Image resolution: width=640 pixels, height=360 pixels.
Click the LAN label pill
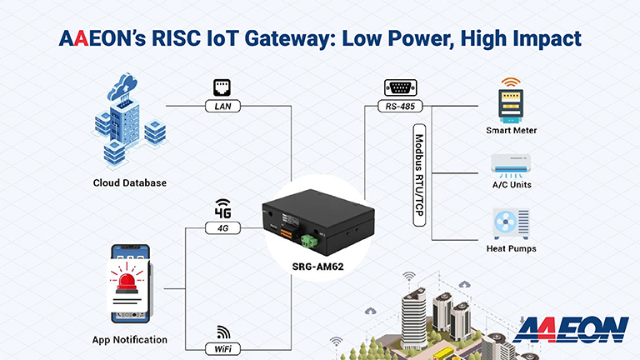pyautogui.click(x=222, y=106)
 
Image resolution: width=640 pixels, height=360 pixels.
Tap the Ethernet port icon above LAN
pyautogui.click(x=222, y=87)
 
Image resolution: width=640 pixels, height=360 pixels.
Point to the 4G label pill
pyautogui.click(x=222, y=227)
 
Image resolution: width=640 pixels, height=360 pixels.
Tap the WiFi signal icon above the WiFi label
pyautogui.click(x=222, y=331)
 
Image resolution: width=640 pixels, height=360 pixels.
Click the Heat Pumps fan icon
pyautogui.click(x=512, y=222)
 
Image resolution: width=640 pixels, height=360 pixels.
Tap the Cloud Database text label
pyautogui.click(x=130, y=182)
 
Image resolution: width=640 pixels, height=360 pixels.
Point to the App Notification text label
pyautogui.click(x=130, y=339)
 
